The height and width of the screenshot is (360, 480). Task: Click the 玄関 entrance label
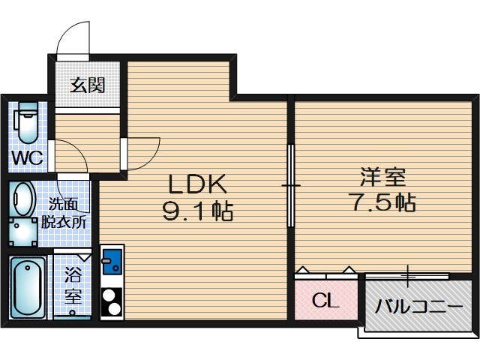point(88,84)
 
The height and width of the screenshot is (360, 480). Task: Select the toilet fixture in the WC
point(27,123)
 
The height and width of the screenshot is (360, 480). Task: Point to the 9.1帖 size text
point(197,212)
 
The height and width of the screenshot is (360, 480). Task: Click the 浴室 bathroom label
point(73,286)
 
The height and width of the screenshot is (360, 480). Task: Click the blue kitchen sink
point(112,263)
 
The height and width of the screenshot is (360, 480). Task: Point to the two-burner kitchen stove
point(112,301)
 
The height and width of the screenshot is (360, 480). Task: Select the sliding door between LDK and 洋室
point(290,184)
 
